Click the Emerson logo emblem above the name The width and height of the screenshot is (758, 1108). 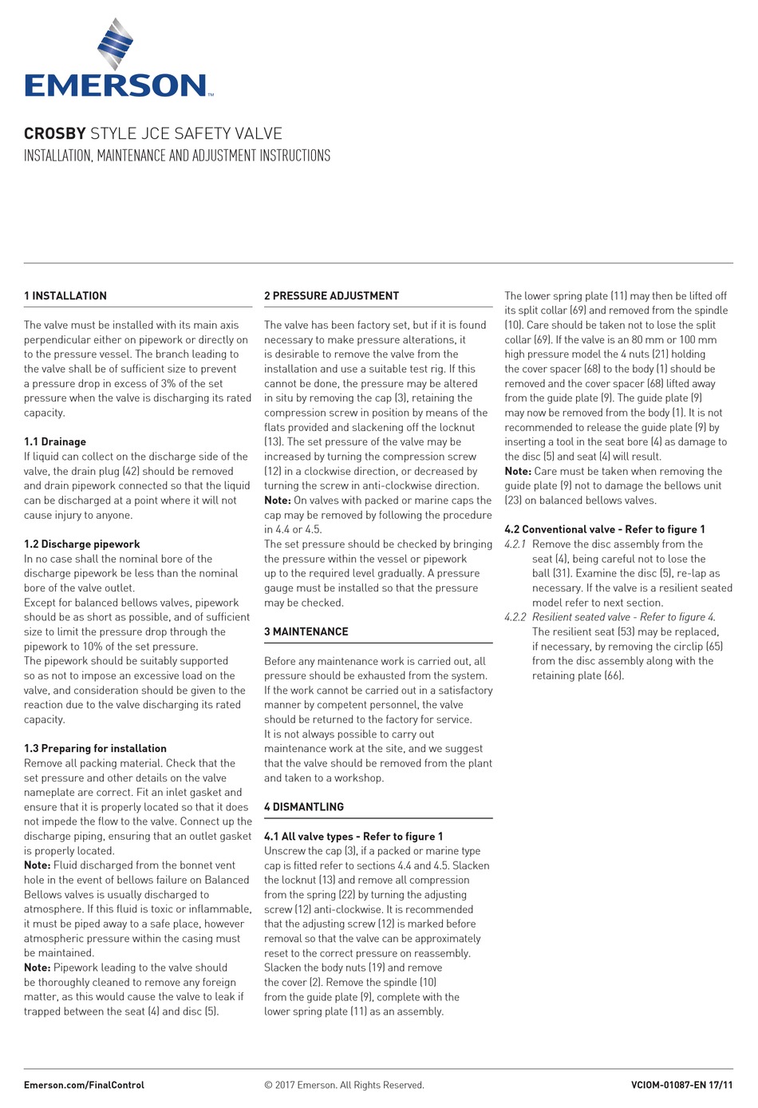(116, 46)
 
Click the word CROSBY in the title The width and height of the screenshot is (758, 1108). (54, 133)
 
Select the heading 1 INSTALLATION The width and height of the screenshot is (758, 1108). (65, 296)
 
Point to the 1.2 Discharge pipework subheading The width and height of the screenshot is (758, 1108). (82, 544)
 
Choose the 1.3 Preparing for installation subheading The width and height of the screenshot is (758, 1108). (95, 748)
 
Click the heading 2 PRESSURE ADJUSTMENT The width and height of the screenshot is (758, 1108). (331, 296)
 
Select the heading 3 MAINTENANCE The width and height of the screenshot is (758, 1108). (306, 631)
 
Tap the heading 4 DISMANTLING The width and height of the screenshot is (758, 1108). (304, 807)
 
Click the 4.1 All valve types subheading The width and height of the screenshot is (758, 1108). (353, 836)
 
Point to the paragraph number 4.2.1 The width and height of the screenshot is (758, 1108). (515, 544)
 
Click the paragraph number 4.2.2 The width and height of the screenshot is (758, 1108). (515, 617)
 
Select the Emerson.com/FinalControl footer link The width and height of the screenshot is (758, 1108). (84, 1085)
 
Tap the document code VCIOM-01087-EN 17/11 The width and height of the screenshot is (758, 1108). (681, 1085)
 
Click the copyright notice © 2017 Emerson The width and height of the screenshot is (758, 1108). (344, 1085)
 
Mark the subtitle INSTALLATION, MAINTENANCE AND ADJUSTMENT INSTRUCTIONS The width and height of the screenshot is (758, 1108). (177, 156)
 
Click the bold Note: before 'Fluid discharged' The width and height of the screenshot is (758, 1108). (38, 865)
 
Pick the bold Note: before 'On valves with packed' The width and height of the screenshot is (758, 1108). (278, 501)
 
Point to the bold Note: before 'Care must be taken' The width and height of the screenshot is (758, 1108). (518, 471)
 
